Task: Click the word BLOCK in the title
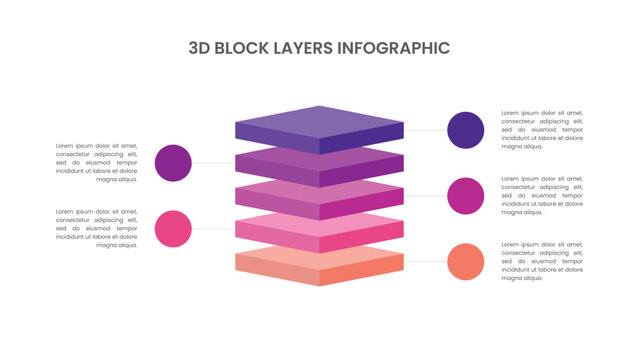(244, 47)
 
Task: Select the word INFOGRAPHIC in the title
(394, 47)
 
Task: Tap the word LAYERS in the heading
(306, 47)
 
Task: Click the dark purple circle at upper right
(466, 130)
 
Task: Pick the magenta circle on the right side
(466, 195)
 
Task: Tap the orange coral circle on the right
(466, 261)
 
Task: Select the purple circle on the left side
(174, 163)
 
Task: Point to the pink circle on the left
(174, 228)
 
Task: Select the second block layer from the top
(319, 171)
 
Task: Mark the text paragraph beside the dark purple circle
(542, 130)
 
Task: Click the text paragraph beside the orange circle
(542, 261)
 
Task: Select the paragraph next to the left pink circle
(97, 228)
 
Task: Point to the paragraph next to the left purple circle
(97, 163)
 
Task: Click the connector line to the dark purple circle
(425, 130)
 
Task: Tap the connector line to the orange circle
(425, 261)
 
